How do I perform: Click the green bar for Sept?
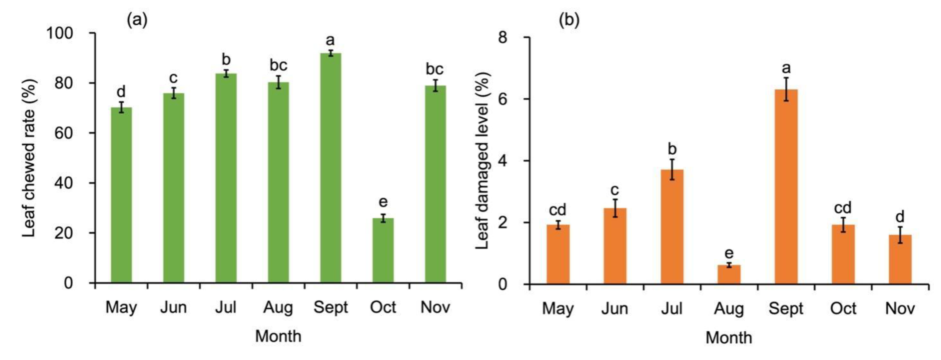click(331, 168)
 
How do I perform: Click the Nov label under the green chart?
click(435, 307)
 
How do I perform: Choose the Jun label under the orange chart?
click(615, 308)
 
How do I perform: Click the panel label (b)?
click(569, 21)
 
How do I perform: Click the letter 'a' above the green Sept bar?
click(330, 40)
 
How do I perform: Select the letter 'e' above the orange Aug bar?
click(729, 253)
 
